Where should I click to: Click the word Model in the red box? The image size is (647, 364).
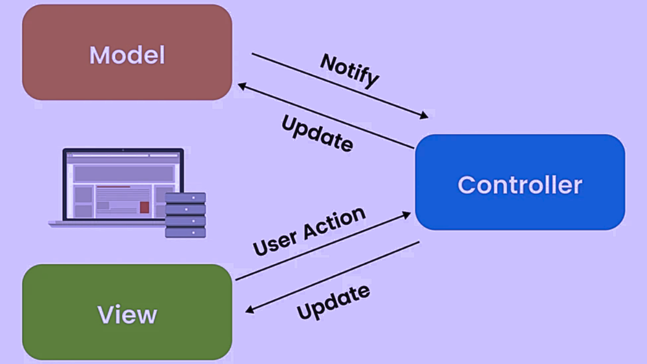click(127, 55)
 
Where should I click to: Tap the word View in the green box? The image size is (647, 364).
click(127, 314)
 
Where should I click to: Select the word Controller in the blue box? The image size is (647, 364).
click(520, 185)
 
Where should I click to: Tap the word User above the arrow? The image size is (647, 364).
click(275, 243)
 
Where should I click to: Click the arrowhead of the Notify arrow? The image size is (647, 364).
click(424, 116)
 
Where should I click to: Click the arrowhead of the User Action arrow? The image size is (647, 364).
click(407, 215)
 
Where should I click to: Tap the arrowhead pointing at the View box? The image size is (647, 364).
click(250, 309)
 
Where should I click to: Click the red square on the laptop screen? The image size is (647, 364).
click(144, 207)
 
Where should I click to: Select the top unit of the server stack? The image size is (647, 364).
click(185, 198)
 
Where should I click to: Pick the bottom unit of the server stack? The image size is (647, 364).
click(185, 233)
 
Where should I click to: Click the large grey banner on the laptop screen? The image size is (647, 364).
click(123, 174)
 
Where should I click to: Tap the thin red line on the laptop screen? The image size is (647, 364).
click(113, 187)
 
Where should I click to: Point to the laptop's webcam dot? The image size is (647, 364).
click(123, 150)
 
